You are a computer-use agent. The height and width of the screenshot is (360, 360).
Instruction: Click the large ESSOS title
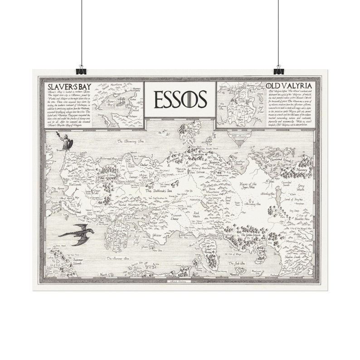pyautogui.click(x=180, y=99)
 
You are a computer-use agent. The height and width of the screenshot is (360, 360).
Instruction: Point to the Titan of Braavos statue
pyautogui.click(x=67, y=141)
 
